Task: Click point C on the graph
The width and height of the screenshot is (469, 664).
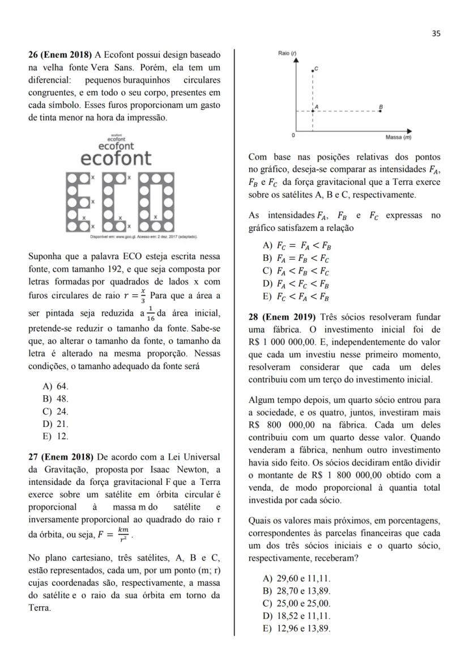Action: pos(313,70)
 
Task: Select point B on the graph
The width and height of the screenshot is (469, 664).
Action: pos(380,111)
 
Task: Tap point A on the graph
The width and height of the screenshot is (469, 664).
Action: pos(313,111)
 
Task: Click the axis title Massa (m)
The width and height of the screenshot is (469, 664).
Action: pos(398,137)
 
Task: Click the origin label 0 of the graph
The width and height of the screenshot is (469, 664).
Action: pos(293,136)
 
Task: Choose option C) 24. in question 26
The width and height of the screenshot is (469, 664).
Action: pos(55,411)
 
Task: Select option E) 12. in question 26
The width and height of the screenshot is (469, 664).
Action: pos(55,436)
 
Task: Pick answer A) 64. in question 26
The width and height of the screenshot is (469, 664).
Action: pos(55,386)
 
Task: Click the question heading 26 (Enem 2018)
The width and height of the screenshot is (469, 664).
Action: pos(61,55)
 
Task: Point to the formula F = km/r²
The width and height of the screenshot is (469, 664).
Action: pos(116,535)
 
